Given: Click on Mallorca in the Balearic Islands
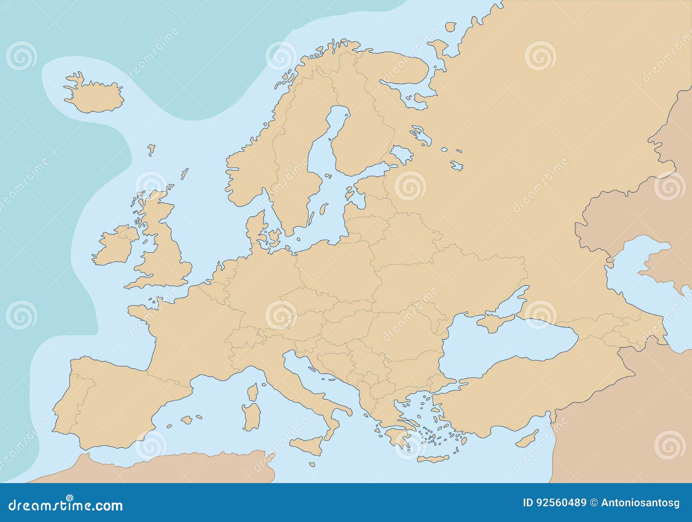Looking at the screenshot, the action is (187, 420).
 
